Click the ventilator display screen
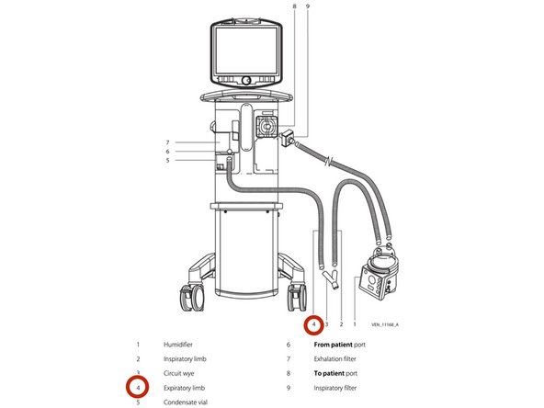point(246,51)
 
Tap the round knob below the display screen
point(246,81)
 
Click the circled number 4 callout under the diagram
point(314,324)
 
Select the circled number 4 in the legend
point(138,388)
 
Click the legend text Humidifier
point(178,345)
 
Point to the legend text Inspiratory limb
point(185,359)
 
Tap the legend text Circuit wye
point(178,374)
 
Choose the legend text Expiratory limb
point(184,388)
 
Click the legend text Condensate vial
point(186,402)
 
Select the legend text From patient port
point(339,345)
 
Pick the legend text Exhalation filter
point(334,359)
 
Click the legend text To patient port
point(335,374)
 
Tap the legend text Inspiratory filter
point(334,388)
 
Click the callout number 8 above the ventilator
point(295,6)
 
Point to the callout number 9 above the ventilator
point(308,6)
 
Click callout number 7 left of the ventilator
point(167,142)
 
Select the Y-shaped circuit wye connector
point(331,278)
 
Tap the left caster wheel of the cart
point(193,298)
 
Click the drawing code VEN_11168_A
point(385,324)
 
